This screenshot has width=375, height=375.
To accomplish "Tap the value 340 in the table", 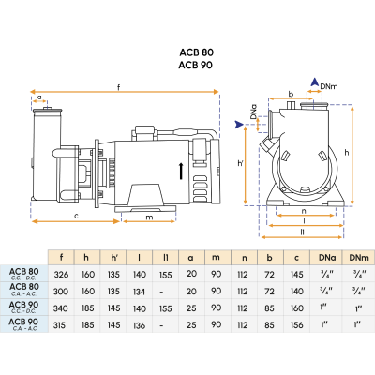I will [61, 307].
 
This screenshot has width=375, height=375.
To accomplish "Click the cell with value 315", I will [61, 323].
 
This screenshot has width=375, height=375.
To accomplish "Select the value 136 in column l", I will [140, 323].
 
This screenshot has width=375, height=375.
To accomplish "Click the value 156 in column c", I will [297, 323].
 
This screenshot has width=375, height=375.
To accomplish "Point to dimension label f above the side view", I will [118, 87].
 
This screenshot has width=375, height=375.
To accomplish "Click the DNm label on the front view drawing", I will [329, 86].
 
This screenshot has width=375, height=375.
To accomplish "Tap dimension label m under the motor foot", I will [150, 218].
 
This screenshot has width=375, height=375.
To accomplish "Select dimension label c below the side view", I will [75, 217].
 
